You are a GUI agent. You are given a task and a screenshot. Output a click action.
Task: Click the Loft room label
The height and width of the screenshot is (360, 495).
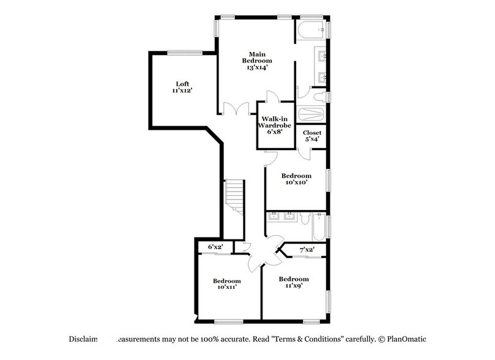pos(182,84)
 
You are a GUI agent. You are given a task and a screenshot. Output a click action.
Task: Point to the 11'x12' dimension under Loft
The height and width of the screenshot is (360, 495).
pos(182,91)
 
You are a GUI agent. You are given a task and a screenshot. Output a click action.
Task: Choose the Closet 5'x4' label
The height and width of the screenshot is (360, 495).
pos(312,136)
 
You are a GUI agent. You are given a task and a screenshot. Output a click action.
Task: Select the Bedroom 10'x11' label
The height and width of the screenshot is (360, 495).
pos(226,285)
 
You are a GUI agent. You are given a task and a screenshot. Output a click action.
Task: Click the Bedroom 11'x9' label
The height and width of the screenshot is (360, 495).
pos(291,282)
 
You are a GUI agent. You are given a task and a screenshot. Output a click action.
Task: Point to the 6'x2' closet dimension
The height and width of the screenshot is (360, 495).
pos(215,246)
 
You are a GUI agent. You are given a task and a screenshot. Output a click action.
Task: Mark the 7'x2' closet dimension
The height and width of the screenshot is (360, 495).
pos(306,249)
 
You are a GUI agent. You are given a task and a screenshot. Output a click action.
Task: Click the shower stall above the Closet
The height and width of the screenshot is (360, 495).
pos(312,115)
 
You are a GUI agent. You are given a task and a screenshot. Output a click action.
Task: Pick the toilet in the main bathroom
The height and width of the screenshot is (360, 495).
pos(316,96)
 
